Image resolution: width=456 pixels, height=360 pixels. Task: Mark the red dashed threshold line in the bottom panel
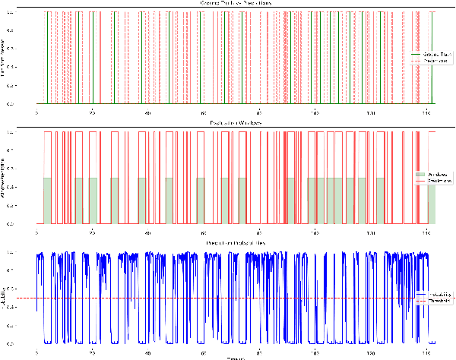(228, 298)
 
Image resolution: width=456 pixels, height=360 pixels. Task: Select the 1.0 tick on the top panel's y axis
(30, 12)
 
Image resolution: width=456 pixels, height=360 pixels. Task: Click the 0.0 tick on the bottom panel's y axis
(30, 344)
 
